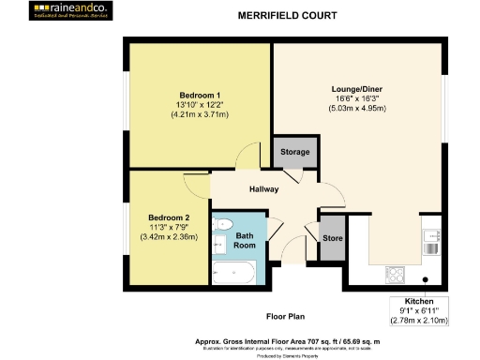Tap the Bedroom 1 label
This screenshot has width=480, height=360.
coord(200,96)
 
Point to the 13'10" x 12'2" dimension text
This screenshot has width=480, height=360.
coord(200,105)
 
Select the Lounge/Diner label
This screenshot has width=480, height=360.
coord(357,89)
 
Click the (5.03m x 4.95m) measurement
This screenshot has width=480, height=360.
coord(357,108)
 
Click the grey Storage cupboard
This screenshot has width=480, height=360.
coord(293,154)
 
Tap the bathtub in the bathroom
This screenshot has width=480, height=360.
coord(234,274)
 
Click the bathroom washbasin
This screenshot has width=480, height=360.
coord(218,246)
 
